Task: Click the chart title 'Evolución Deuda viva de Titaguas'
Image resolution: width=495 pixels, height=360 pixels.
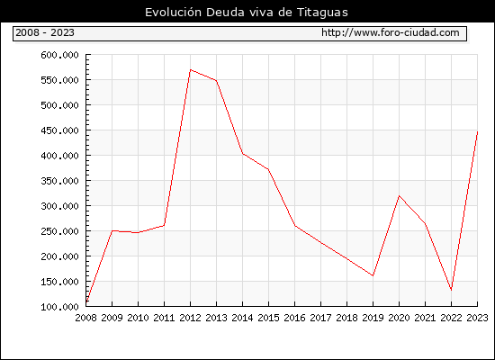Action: [247, 13]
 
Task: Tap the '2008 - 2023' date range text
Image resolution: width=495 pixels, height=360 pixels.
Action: [45, 32]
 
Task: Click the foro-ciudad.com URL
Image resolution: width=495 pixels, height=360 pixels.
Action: [391, 32]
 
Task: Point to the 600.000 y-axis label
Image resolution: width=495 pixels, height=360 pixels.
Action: [59, 55]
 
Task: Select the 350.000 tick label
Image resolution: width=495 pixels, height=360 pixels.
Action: [59, 181]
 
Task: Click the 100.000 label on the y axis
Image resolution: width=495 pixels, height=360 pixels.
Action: [59, 307]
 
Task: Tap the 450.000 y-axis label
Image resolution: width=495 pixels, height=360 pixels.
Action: [59, 130]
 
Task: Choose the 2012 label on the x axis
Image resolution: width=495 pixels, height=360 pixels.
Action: [191, 318]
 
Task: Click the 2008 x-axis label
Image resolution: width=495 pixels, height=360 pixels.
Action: [85, 318]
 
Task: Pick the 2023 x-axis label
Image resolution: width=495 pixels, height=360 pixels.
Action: [477, 318]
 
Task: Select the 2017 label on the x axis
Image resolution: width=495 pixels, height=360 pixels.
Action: [320, 318]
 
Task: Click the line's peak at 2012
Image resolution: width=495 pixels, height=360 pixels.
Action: [191, 70]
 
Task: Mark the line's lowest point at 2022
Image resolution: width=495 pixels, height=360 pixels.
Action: [452, 290]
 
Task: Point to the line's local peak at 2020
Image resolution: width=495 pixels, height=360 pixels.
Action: [399, 196]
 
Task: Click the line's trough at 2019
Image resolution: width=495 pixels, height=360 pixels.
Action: [373, 275]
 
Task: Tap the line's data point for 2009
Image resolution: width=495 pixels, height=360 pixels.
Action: [112, 230]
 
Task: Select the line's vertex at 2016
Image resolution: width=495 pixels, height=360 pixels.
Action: [295, 226]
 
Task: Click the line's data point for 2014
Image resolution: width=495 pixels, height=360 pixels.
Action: [242, 154]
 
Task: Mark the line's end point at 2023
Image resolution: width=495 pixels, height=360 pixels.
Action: [477, 131]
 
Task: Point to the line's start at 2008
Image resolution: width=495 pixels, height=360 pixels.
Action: [86, 302]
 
